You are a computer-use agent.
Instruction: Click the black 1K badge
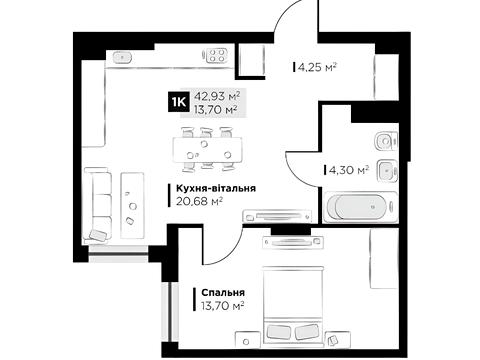(x=178, y=101)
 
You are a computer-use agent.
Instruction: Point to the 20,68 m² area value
(x=199, y=201)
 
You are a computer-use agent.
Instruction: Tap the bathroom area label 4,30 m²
(x=348, y=171)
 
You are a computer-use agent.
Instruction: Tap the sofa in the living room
(x=98, y=204)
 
